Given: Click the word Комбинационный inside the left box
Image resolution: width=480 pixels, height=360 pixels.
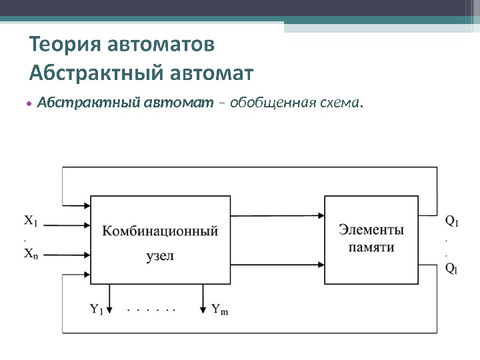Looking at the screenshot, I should [160, 231].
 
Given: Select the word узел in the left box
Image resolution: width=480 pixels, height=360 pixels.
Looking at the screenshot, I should [159, 255].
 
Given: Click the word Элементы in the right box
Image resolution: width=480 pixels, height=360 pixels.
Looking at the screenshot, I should [371, 230].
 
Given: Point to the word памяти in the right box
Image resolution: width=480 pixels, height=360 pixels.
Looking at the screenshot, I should [371, 247].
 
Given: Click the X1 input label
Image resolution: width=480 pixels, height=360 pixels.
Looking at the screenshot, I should [31, 220].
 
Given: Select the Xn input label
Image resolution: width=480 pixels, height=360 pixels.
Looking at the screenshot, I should [31, 253].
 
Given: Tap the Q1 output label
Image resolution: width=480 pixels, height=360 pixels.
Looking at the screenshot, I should [451, 221].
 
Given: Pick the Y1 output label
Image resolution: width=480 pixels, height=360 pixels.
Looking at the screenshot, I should [97, 309].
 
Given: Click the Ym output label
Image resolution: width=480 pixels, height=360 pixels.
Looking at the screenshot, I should [219, 309].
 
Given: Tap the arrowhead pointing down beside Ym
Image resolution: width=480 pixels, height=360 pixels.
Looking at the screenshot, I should [203, 309].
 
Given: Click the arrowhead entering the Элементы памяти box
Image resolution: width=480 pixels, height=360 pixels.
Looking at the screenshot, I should [320, 215].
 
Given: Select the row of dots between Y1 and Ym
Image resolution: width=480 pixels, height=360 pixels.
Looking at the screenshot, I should [151, 310].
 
